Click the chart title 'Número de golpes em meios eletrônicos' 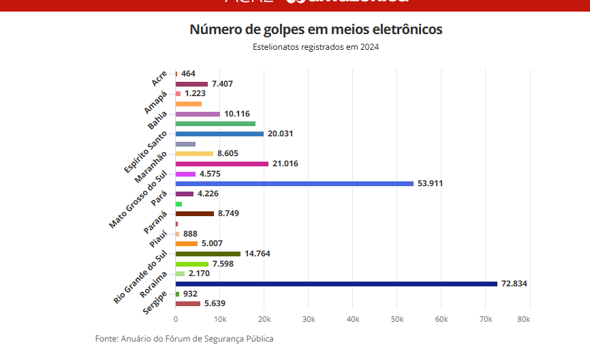pos(315,30)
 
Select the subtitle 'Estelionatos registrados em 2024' pos(315,47)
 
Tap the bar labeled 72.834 pos(337,284)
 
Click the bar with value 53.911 pos(294,183)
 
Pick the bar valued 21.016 pos(221,164)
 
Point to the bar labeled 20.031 pos(219,134)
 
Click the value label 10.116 pos(238,114)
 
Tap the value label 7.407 pos(223,84)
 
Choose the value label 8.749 pos(229,213)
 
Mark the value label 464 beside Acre pos(188,74)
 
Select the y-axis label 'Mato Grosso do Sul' pos(139,200)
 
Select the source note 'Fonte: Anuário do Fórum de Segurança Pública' pos(184,339)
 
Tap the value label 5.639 pos(215,303)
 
